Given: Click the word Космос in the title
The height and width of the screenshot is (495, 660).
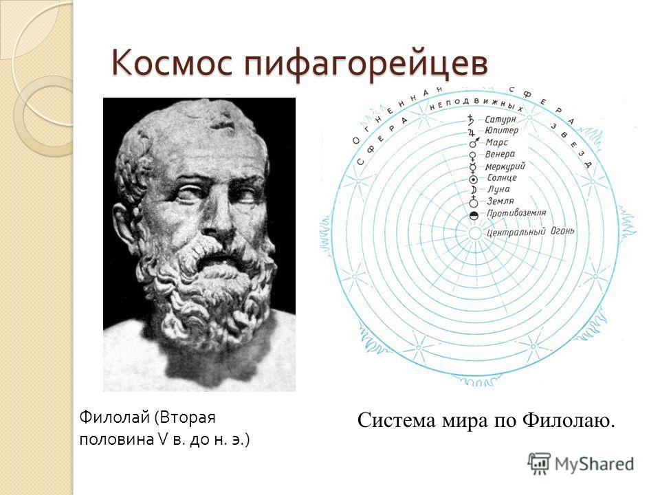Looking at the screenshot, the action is [173, 63].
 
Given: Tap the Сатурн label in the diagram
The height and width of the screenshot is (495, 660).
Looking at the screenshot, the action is [500, 120].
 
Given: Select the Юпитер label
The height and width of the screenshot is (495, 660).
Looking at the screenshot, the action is [502, 131].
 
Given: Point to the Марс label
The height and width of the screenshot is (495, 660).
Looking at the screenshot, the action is [496, 143].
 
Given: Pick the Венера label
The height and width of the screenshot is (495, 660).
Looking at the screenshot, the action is [500, 155].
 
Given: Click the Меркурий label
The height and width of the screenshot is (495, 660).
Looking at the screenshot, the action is [505, 166].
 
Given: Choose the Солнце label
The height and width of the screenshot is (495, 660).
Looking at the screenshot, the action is [502, 177].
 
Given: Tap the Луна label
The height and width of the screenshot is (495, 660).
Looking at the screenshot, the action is [499, 190].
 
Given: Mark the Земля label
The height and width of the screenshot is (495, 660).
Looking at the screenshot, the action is [500, 201].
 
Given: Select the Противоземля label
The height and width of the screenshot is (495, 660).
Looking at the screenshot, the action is [516, 213].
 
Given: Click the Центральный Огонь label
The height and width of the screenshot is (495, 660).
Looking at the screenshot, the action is [530, 232].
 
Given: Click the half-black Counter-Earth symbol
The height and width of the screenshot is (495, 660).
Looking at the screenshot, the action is [474, 215].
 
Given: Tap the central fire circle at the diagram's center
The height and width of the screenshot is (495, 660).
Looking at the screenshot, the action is [474, 234].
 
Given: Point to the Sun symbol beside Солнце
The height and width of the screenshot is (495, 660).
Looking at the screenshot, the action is [473, 179].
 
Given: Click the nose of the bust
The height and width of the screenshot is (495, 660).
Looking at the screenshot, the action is [219, 219].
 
